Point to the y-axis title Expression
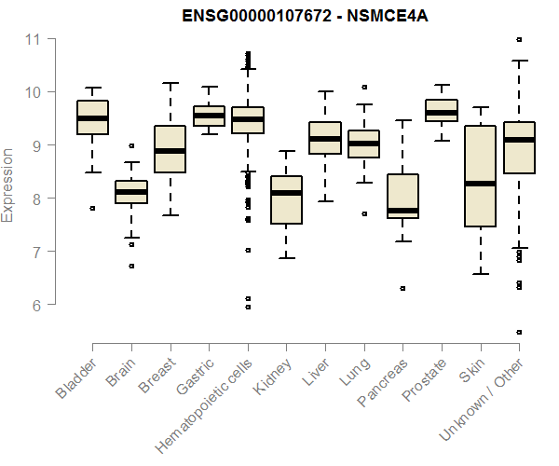coord(8,185)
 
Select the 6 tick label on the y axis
coord(38,305)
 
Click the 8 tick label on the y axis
coord(38,199)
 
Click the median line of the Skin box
coord(480,184)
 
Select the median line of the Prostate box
coord(441,113)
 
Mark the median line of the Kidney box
coord(286,193)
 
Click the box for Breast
coord(170,149)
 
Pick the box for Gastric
coord(209,116)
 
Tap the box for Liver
coord(325,138)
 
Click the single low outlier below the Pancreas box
coord(402,289)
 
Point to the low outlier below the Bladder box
coord(92,209)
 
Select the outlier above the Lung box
coord(364,88)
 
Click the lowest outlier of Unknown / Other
coord(519,332)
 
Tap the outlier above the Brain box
coord(131,146)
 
